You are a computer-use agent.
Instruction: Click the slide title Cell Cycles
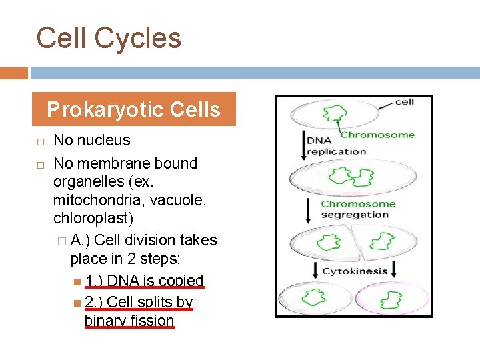point(109,38)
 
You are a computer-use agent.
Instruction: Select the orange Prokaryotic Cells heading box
point(134,109)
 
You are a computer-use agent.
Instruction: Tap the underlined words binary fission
point(129,321)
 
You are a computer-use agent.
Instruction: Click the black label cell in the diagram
point(404,102)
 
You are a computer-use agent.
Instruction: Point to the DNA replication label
point(336,146)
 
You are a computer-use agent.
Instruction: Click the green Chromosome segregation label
point(357,209)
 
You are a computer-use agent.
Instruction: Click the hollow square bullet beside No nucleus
point(40,141)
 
